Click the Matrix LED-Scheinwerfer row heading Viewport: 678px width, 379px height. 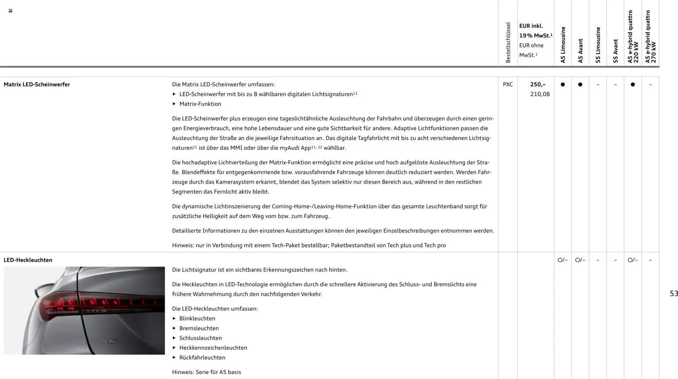[x=37, y=84]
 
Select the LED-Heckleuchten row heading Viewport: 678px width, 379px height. [x=28, y=260]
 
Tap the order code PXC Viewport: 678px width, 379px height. [x=507, y=84]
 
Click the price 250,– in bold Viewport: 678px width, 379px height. [x=538, y=84]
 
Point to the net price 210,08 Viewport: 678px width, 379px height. [x=540, y=94]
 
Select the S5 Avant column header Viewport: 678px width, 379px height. [x=615, y=51]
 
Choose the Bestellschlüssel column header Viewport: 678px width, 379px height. [x=508, y=42]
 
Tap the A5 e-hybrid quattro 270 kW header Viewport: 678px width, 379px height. [x=650, y=37]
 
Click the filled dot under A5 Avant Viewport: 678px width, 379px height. [x=580, y=84]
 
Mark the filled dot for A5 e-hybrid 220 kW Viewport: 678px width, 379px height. [x=633, y=84]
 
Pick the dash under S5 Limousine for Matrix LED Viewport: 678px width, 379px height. [x=598, y=84]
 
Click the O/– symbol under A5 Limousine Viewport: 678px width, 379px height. [x=563, y=260]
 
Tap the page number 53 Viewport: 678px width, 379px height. [x=674, y=294]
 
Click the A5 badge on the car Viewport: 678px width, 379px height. [x=108, y=341]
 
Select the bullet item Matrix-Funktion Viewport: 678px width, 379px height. [x=200, y=104]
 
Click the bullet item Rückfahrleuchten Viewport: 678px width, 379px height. [x=202, y=358]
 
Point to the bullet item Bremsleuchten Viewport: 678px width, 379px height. [x=199, y=328]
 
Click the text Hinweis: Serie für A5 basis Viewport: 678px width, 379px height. [x=206, y=372]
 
